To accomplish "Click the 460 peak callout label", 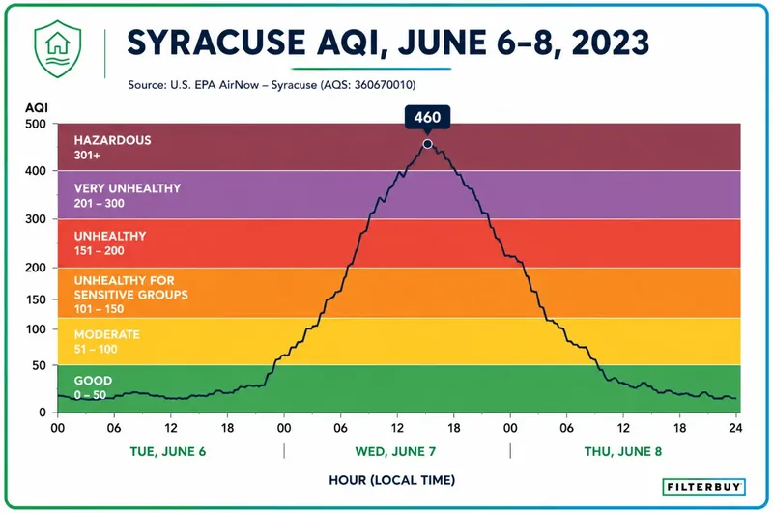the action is pos(427,117).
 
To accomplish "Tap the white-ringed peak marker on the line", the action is pos(427,144).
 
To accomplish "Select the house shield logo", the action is pos(58,48).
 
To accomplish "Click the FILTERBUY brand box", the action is pos(703,486).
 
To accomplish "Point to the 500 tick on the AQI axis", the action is pos(36,124).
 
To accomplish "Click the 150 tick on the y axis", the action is pos(36,299).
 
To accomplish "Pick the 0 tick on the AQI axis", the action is pos(43,412).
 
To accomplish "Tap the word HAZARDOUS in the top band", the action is pos(112,140).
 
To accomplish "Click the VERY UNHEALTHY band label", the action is pos(128,188).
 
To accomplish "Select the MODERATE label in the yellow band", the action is pos(107,334).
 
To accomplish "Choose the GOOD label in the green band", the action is pos(93,381).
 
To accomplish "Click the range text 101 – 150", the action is pos(100,309).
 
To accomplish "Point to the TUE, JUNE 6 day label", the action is pos(167,451).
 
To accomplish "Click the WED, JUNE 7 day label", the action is pos(395,451).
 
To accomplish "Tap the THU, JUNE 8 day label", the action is pos(623,451).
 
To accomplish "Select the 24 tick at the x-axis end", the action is pos(735,428).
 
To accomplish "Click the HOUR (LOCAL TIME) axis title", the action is pos(392,480).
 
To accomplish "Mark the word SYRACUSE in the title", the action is pos(216,42).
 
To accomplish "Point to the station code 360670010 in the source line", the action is pos(384,85).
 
